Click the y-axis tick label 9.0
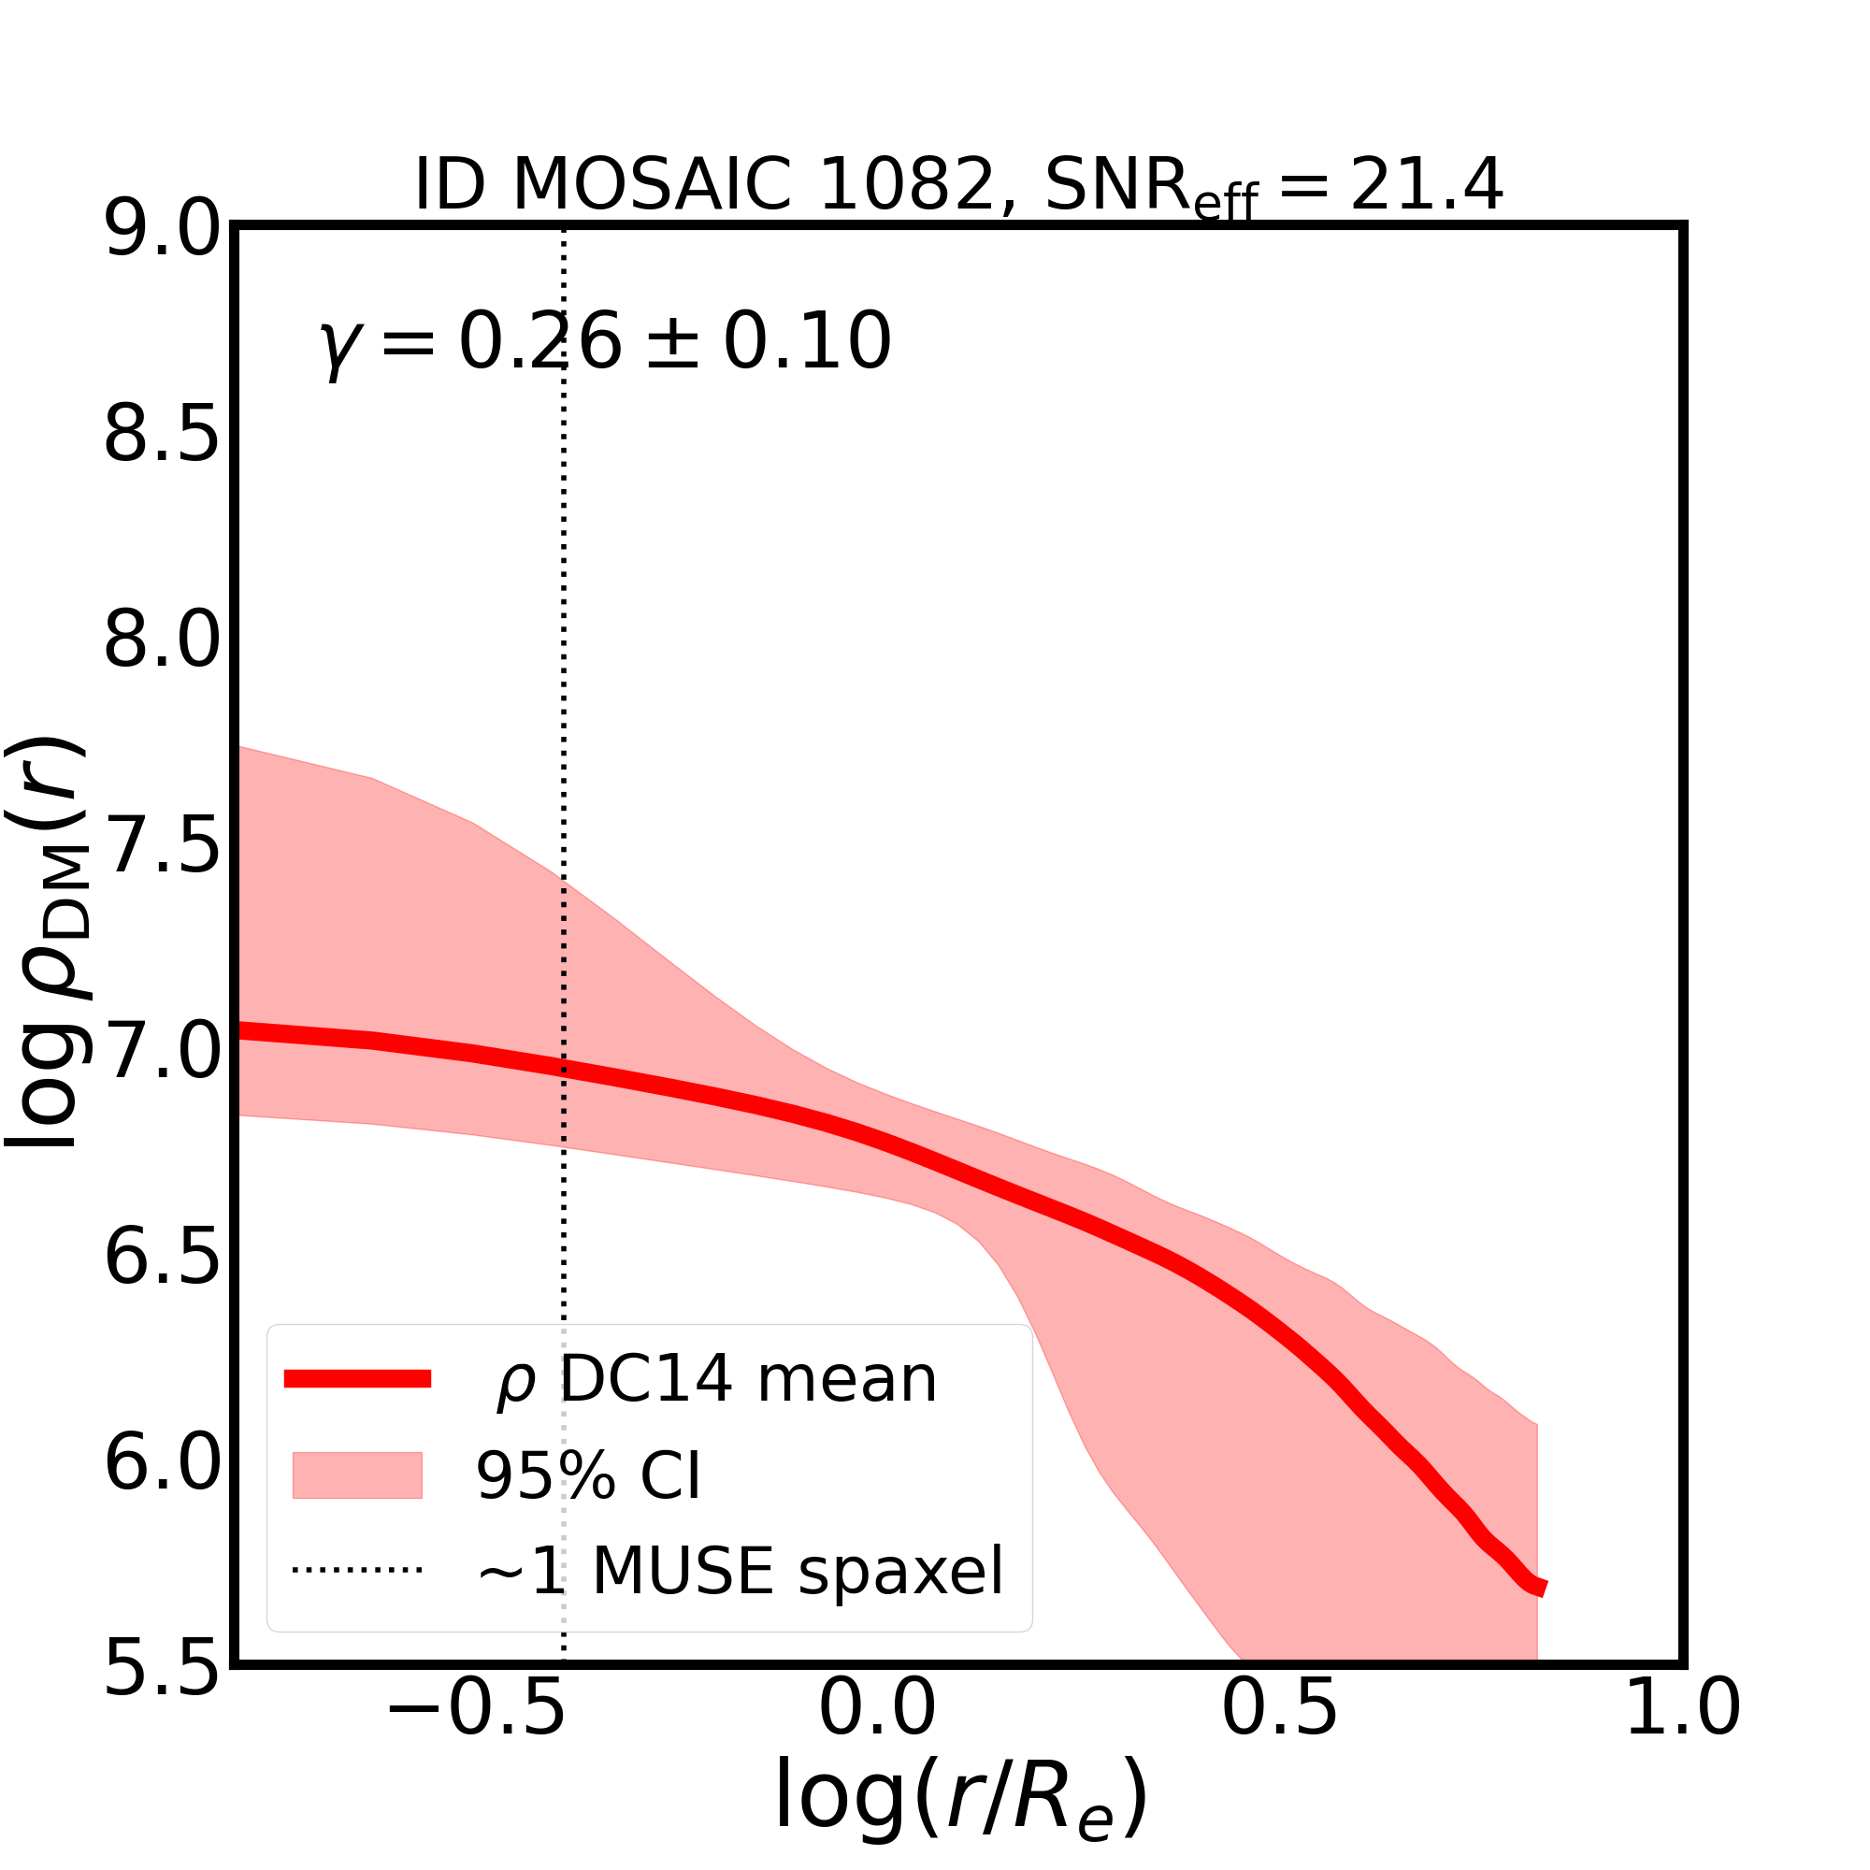162,230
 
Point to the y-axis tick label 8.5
162,436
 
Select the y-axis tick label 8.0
162,640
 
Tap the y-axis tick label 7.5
162,847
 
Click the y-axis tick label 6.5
162,1259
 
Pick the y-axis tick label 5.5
162,1670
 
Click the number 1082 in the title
907,184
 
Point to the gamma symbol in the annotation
336,347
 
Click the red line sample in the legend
357,1380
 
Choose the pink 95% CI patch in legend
357,1475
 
